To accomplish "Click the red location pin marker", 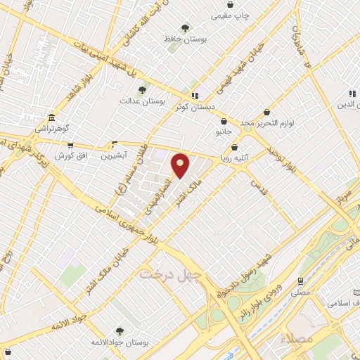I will pos(181,165).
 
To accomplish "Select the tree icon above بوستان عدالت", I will pos(142,90).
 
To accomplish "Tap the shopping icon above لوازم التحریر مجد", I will pos(266,112).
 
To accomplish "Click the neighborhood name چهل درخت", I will pos(171,273).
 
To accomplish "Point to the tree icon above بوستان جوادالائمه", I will pos(119,330).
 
